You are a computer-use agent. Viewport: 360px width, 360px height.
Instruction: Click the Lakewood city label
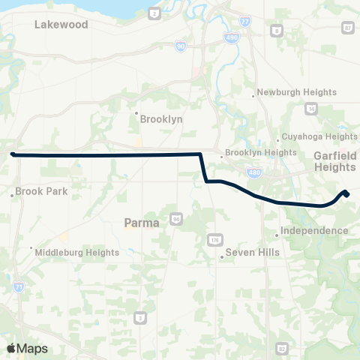tap(61, 25)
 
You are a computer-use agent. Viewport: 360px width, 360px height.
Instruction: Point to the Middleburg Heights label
tap(77, 253)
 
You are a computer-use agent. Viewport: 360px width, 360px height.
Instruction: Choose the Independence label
tap(315, 230)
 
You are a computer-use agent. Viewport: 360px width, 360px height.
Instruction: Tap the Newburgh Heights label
tap(292, 93)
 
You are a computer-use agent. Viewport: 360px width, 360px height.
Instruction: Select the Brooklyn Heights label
tap(261, 152)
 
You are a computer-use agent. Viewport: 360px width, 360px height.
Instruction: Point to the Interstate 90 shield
tap(180, 46)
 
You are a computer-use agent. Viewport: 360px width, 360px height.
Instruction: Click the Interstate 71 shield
tap(17, 287)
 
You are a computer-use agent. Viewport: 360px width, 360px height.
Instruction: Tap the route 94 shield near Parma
tap(175, 219)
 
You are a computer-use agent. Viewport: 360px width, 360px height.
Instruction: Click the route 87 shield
tap(347, 28)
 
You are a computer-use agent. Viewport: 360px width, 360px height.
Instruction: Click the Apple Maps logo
tap(26, 348)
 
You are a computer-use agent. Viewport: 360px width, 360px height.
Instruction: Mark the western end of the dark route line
tap(13, 154)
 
